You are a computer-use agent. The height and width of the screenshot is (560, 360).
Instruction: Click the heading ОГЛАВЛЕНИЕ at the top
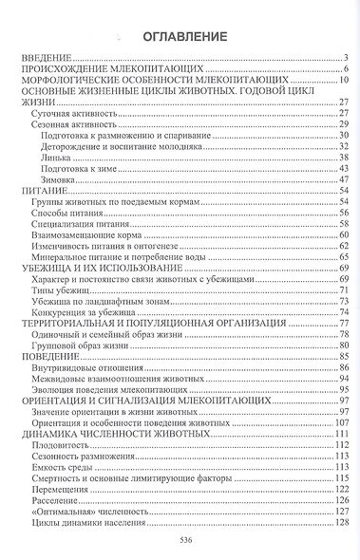[180, 38]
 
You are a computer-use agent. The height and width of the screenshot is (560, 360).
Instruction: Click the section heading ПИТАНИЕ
[41, 190]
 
